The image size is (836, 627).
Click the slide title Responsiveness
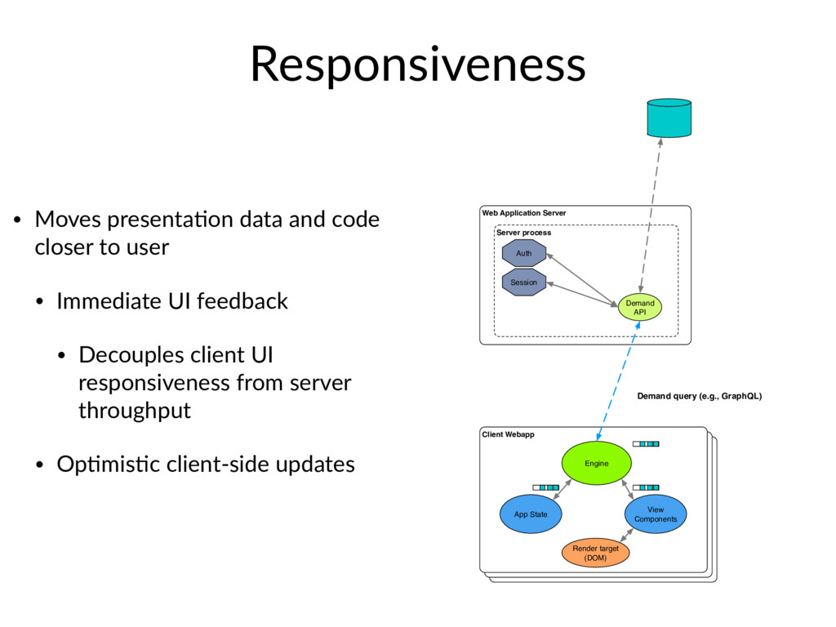click(x=418, y=65)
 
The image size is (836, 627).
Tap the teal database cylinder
click(x=669, y=118)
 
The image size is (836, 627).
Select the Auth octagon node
click(x=524, y=253)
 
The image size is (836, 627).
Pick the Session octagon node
click(x=524, y=282)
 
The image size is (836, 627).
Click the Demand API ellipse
click(x=640, y=307)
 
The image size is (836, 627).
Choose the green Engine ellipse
click(x=597, y=463)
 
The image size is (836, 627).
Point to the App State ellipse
click(x=531, y=514)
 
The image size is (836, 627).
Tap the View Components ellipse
click(x=656, y=514)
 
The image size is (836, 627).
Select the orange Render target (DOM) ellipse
click(x=595, y=553)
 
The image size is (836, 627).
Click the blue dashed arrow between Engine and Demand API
click(x=619, y=381)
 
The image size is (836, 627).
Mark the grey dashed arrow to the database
click(x=651, y=216)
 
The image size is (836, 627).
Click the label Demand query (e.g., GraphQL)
click(x=700, y=396)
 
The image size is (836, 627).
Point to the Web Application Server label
click(x=524, y=213)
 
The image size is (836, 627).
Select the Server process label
click(x=523, y=233)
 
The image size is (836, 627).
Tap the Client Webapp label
click(x=508, y=434)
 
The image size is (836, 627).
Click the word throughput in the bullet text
click(x=135, y=411)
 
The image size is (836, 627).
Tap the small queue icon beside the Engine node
click(x=646, y=443)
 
